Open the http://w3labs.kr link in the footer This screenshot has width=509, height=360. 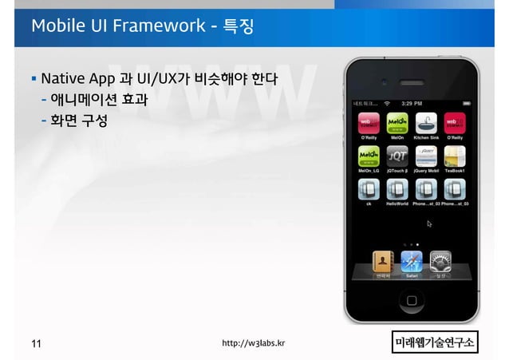[254, 344]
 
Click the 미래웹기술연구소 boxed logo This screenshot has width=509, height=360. [435, 343]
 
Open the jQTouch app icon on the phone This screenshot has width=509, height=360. [397, 156]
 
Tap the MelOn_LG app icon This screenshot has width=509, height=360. [368, 156]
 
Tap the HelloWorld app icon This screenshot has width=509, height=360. [397, 190]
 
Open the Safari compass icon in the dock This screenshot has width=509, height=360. [412, 262]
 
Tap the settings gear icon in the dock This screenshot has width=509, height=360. [440, 262]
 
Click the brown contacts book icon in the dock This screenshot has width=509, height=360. [384, 262]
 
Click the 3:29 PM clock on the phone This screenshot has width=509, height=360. [412, 103]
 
